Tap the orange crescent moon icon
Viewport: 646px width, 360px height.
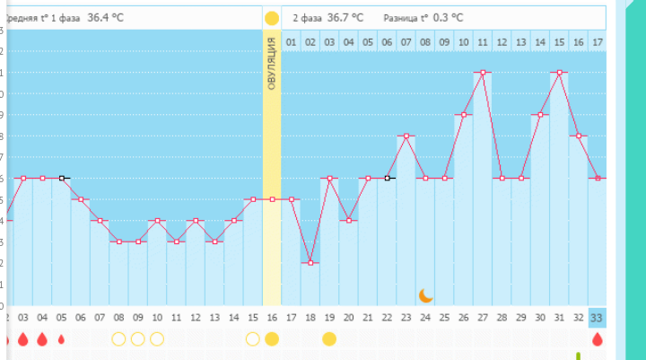[x=426, y=294]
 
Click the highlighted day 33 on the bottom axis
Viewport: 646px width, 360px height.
[x=598, y=317]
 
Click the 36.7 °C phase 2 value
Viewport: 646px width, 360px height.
[x=345, y=17]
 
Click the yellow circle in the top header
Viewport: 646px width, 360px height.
[x=272, y=17]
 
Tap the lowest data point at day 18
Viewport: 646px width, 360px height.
[x=310, y=262]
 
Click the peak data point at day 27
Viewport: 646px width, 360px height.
[x=483, y=73]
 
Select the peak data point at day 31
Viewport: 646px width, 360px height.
[x=560, y=73]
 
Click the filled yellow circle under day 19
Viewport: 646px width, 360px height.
[x=329, y=338]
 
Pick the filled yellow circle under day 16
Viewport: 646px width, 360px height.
[x=272, y=338]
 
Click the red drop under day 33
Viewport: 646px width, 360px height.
[x=598, y=339]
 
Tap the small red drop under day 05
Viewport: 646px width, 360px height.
[x=61, y=339]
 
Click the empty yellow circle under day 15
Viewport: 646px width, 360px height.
[x=253, y=338]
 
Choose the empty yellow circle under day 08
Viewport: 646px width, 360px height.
[x=118, y=338]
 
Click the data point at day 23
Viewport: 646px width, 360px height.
[x=406, y=136]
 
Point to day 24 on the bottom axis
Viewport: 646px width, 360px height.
[x=425, y=317]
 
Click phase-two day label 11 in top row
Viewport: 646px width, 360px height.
[x=483, y=41]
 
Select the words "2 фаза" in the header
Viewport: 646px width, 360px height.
[x=308, y=17]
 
